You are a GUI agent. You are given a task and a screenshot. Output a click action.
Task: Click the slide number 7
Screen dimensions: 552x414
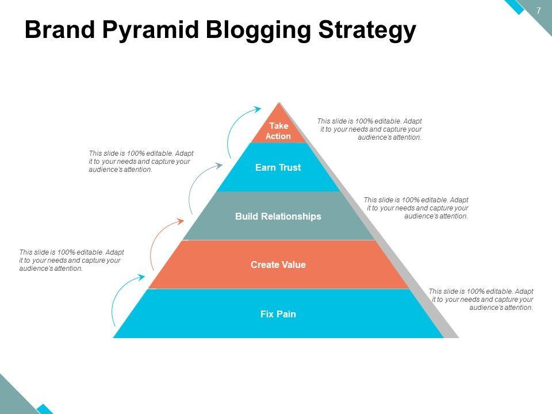pos(539,10)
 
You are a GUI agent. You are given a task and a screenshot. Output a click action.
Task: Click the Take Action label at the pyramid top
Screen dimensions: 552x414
pos(278,131)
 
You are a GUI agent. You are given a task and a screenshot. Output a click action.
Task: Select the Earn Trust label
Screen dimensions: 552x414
pos(278,168)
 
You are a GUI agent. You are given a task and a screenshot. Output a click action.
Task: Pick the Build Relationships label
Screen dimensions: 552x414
pos(278,216)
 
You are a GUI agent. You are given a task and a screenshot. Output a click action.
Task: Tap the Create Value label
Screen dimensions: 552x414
pos(278,265)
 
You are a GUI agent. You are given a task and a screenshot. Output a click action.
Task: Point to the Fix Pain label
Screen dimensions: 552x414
pos(278,314)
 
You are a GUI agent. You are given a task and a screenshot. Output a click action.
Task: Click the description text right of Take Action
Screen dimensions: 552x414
pos(370,129)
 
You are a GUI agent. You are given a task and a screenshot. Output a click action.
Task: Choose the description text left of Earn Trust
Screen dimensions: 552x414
pos(141,162)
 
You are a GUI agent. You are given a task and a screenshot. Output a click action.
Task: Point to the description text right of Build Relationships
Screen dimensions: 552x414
pos(416,208)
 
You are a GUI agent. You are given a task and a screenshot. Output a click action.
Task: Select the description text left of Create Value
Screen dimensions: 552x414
pos(71,260)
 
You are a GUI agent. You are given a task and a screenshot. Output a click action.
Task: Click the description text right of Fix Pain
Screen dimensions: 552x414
pos(481,299)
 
